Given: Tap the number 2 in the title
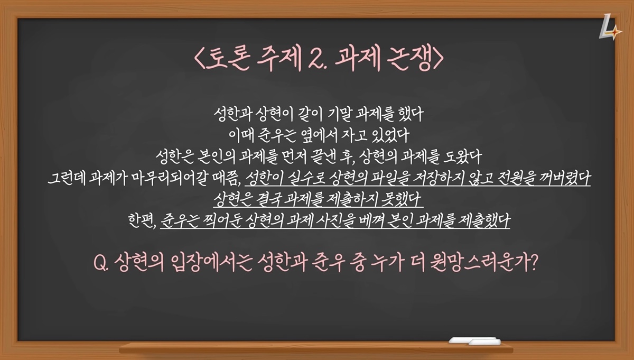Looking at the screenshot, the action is (316, 58).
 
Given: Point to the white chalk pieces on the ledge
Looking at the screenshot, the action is (475, 341).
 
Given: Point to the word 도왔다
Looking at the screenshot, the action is (462, 156).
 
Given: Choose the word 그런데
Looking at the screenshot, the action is (67, 178).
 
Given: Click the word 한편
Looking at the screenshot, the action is (142, 220).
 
